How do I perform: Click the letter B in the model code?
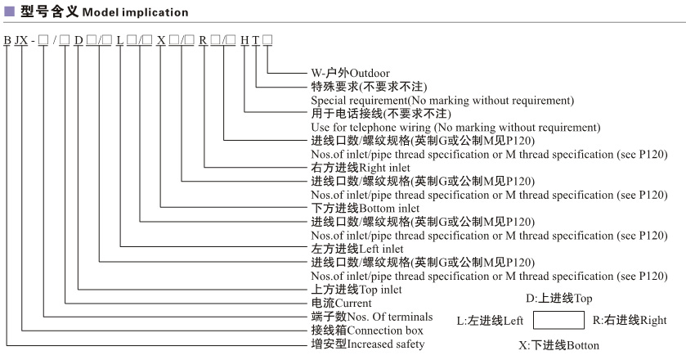(x=7, y=40)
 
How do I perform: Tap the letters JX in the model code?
(x=25, y=40)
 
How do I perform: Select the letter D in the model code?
(x=79, y=40)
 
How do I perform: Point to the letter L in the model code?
(x=120, y=40)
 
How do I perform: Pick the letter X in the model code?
(x=161, y=40)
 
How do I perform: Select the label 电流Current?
(x=336, y=303)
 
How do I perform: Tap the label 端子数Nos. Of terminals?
(x=365, y=316)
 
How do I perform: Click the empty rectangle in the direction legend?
(x=558, y=320)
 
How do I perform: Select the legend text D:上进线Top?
(x=558, y=297)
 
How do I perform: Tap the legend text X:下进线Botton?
(x=558, y=345)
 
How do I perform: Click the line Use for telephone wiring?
(x=456, y=127)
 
